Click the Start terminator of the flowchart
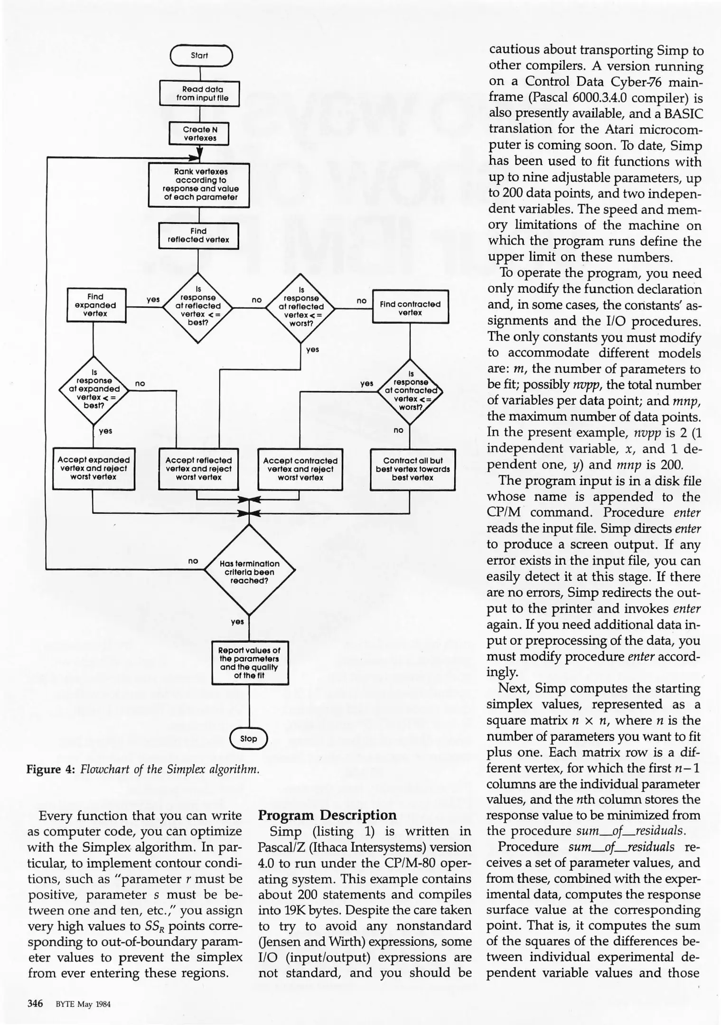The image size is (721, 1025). tap(200, 56)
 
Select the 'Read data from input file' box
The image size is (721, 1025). tap(199, 93)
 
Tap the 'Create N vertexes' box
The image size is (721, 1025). tap(199, 133)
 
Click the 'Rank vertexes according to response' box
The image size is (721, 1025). tap(199, 185)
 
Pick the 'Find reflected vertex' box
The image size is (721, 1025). tap(198, 235)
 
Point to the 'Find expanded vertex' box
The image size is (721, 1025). tap(96, 305)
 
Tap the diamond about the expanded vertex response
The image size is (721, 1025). tap(94, 390)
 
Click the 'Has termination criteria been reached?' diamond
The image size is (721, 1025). tap(249, 571)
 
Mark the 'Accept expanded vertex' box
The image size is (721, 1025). tap(94, 468)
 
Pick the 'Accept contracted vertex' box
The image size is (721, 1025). tap(300, 469)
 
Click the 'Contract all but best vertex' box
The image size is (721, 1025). tap(412, 469)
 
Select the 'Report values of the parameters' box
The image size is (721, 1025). tap(250, 663)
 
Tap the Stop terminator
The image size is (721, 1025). tap(249, 739)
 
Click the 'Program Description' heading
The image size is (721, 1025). tap(327, 815)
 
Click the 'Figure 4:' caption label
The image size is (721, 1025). tap(50, 769)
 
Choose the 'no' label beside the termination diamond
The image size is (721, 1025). tap(193, 560)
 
